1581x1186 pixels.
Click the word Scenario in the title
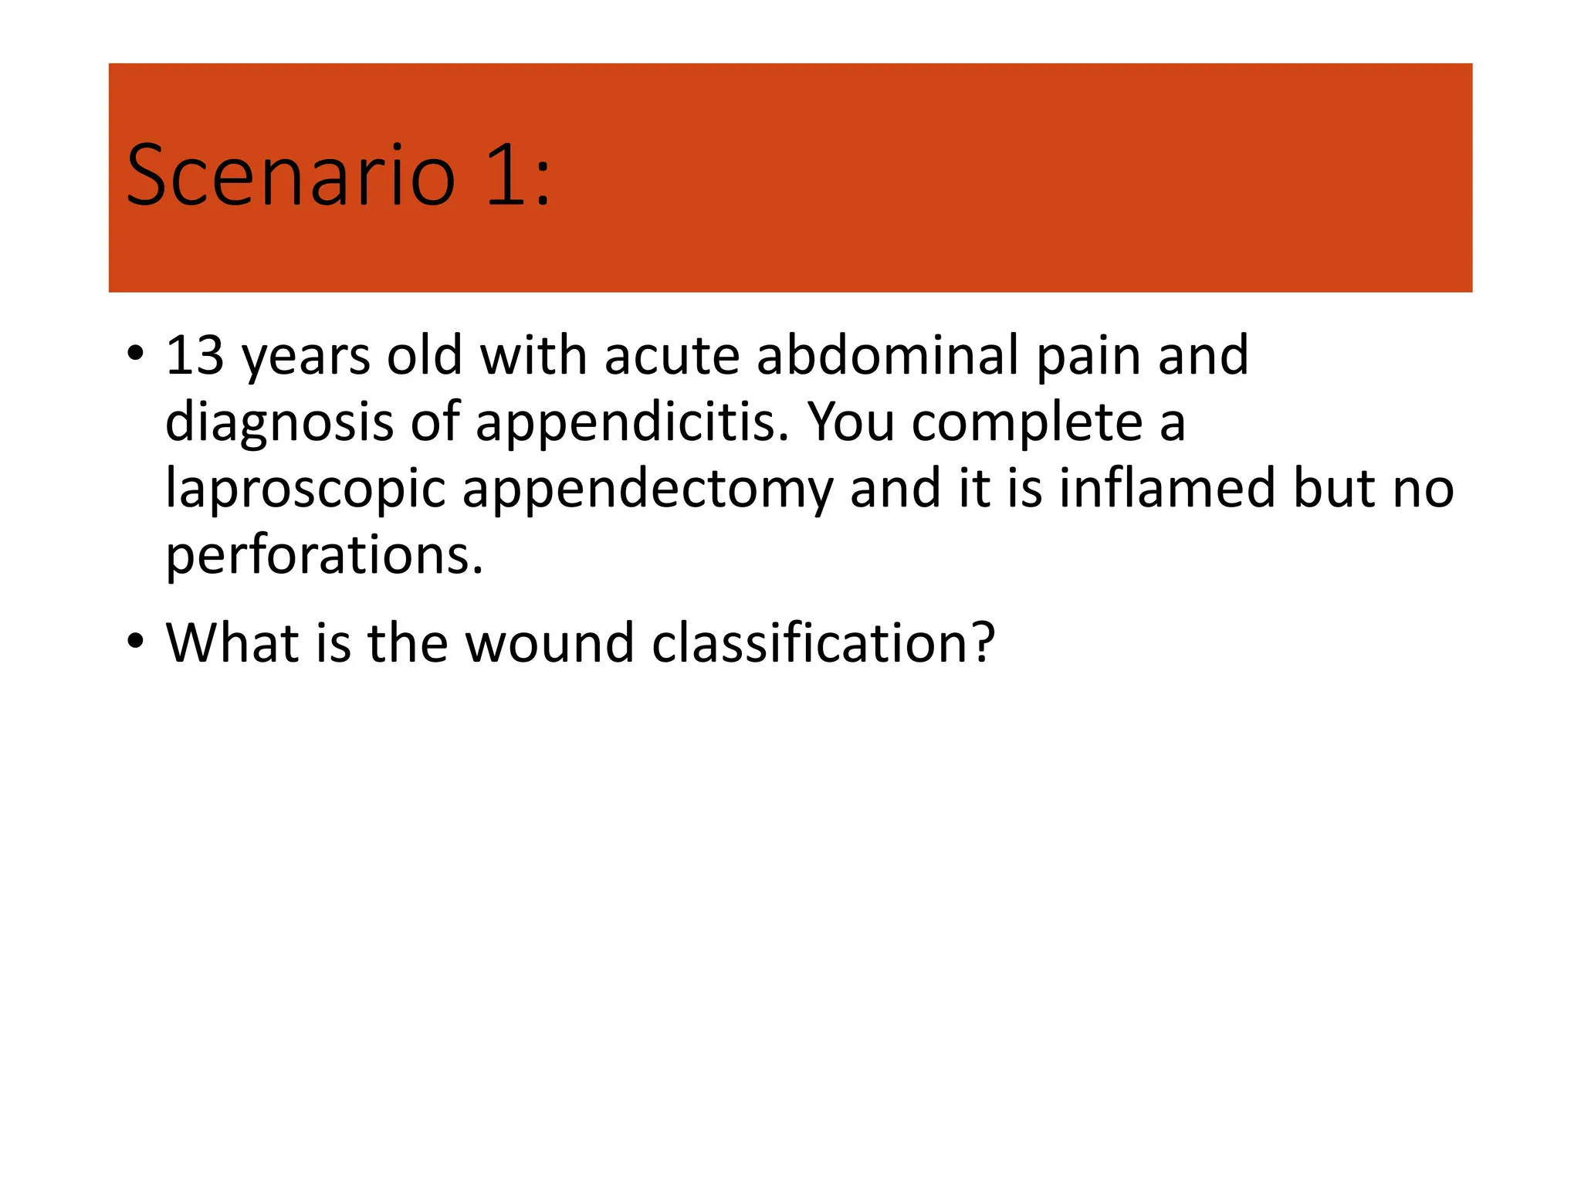point(290,176)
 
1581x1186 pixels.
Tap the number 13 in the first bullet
point(195,355)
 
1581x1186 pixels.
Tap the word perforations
point(324,556)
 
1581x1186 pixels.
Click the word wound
point(550,642)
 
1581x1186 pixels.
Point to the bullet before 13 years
point(136,354)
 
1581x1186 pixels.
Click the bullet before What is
point(136,641)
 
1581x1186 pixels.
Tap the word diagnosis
point(279,423)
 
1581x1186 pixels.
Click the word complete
point(1027,423)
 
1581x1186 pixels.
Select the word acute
point(672,355)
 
